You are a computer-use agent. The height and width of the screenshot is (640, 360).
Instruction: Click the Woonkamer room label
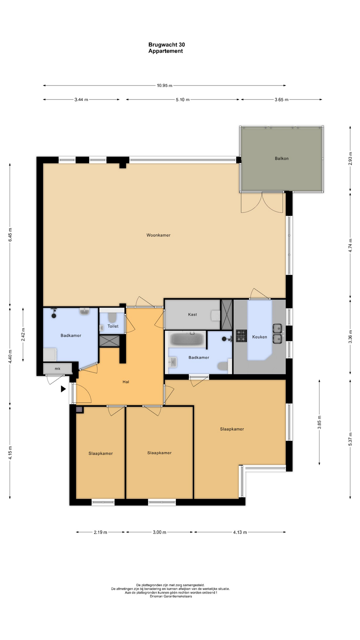click(x=158, y=235)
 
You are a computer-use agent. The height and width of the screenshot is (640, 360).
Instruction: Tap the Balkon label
click(x=282, y=159)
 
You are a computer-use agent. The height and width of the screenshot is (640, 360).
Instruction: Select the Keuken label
click(x=260, y=337)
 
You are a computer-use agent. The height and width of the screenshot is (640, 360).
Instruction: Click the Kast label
click(x=192, y=315)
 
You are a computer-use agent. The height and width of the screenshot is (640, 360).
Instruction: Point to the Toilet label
click(x=113, y=326)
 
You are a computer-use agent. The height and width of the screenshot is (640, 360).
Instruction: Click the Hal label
click(x=126, y=382)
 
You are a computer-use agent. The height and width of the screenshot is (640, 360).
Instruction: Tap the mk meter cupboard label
click(x=58, y=369)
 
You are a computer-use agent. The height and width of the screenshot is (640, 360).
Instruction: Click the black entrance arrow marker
click(x=63, y=389)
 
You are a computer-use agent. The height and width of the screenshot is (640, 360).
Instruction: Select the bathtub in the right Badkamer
click(x=187, y=339)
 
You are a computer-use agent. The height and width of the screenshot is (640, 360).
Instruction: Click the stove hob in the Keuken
click(x=241, y=336)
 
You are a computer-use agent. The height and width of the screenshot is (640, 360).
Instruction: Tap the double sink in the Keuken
click(x=278, y=334)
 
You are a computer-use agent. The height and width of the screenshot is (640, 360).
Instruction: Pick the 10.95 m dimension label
click(x=165, y=86)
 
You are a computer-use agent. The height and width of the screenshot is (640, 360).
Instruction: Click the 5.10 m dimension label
click(x=183, y=100)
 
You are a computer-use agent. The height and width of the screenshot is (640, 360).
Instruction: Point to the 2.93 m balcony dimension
click(x=350, y=158)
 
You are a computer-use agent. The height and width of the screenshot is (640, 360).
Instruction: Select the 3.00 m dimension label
click(x=159, y=532)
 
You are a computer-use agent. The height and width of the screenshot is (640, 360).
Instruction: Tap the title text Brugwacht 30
click(x=167, y=45)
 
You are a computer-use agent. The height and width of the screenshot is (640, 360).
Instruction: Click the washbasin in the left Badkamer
click(x=85, y=312)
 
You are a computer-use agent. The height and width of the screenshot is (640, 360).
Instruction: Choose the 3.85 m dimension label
click(x=319, y=422)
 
